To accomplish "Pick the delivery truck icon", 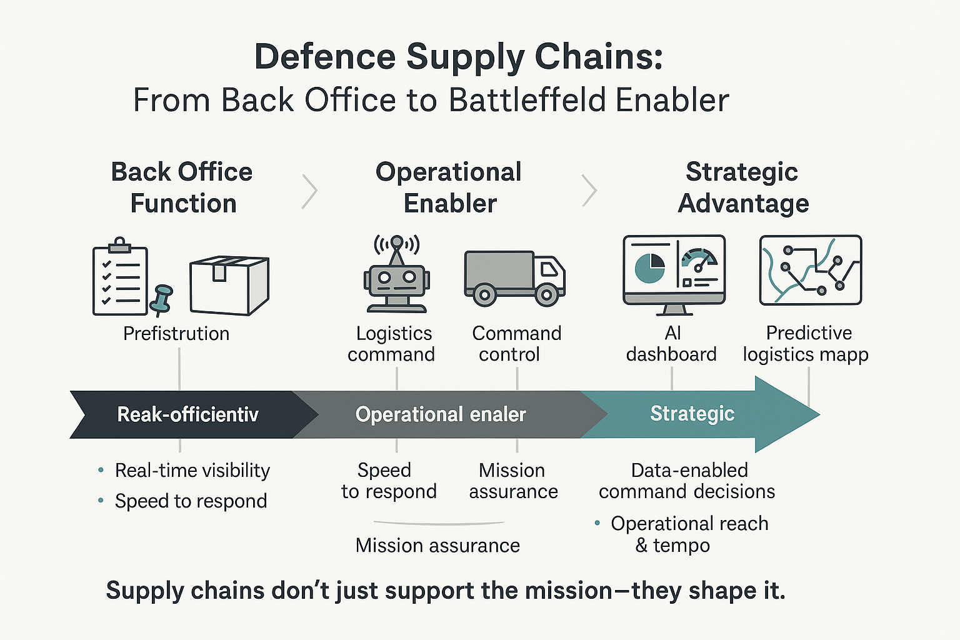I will (x=514, y=277).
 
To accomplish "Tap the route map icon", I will (x=810, y=270).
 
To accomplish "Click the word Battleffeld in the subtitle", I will (x=526, y=101).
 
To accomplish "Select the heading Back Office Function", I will (x=182, y=187).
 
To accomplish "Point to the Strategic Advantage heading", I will (x=742, y=187).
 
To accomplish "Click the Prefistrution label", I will (x=176, y=334).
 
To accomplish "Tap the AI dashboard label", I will (x=671, y=344).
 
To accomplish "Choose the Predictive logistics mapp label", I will (x=806, y=344).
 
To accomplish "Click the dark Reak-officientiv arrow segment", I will (x=187, y=414).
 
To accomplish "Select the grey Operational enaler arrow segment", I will (x=441, y=414).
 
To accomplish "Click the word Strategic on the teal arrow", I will (x=692, y=414).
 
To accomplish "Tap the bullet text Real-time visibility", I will (x=192, y=471).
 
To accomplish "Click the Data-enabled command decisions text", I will (x=687, y=481).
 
